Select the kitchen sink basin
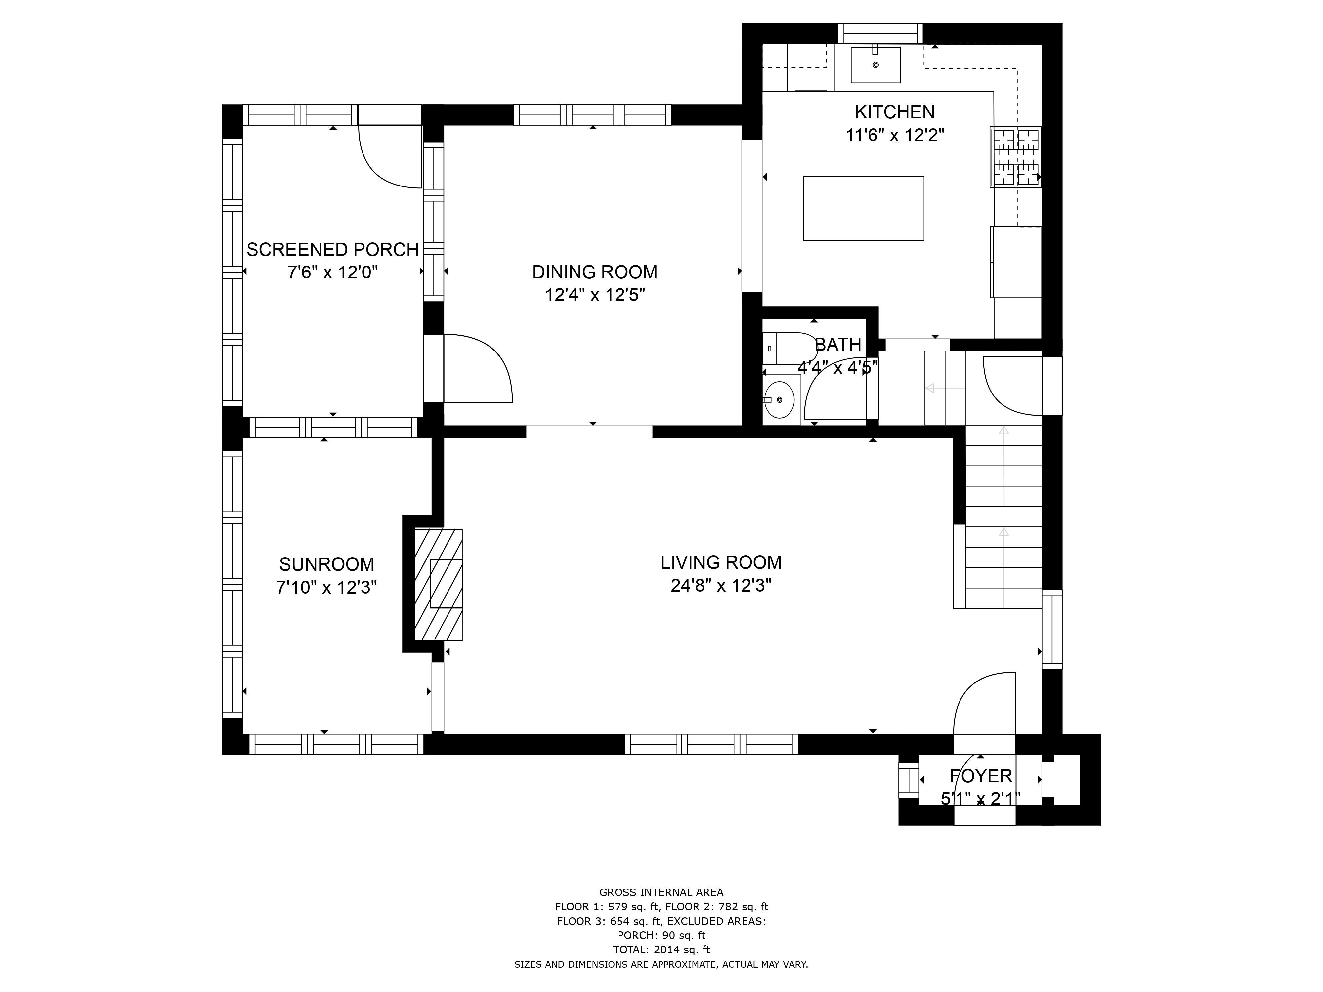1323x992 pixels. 875,64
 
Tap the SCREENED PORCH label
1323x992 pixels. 332,249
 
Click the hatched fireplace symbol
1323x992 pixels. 438,584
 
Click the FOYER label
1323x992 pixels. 981,775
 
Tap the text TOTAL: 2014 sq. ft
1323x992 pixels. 661,949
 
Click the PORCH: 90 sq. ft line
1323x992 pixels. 661,934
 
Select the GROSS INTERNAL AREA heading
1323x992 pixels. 661,892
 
